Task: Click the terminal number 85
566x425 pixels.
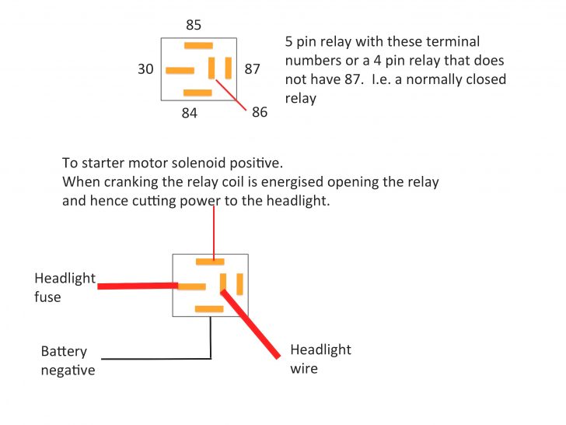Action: pos(194,25)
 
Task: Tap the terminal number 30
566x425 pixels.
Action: pos(145,69)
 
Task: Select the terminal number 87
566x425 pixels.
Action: pos(253,69)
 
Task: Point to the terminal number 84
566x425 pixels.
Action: pos(189,113)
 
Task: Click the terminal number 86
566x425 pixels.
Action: pos(260,112)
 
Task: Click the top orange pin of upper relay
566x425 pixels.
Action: pos(197,46)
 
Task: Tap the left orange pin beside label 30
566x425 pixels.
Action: pos(180,70)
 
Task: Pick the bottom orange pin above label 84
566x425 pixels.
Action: pos(197,93)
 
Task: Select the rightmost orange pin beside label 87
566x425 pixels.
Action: pos(229,68)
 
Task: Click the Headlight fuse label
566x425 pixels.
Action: pos(65,287)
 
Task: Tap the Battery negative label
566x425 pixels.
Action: pos(68,360)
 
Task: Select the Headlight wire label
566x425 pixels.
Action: pos(320,359)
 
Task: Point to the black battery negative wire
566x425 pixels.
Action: pos(155,358)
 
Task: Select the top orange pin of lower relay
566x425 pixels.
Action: pos(210,262)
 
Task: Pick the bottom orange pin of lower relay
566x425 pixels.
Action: pos(209,309)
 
